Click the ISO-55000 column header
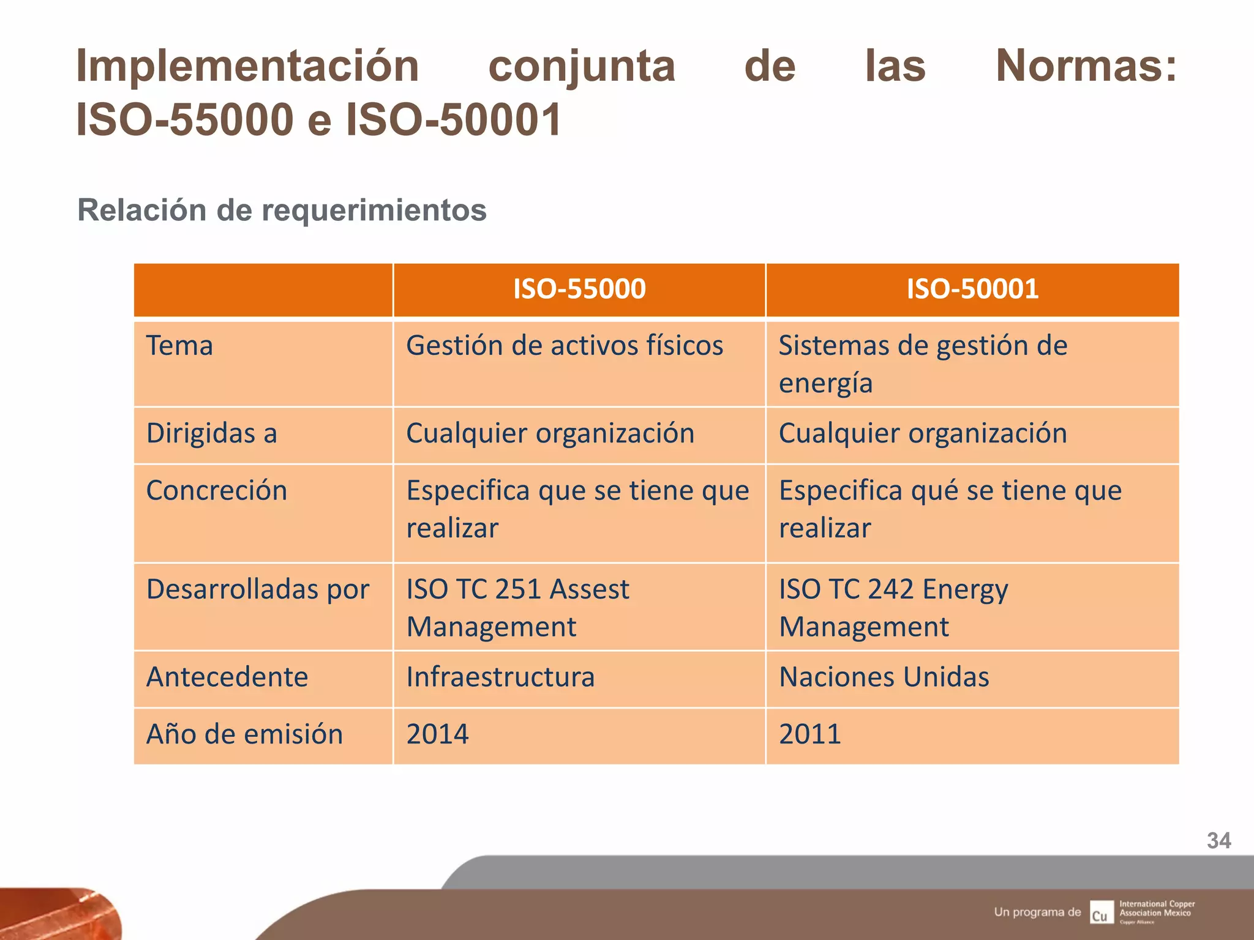pyautogui.click(x=579, y=289)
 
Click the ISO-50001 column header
pyautogui.click(x=972, y=289)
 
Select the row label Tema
pyautogui.click(x=179, y=346)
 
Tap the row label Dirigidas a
pyautogui.click(x=212, y=433)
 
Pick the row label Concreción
pyautogui.click(x=217, y=491)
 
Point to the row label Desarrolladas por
pyautogui.click(x=258, y=589)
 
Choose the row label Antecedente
pyautogui.click(x=227, y=677)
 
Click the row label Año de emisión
pyautogui.click(x=244, y=734)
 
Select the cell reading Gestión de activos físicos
pyautogui.click(x=565, y=346)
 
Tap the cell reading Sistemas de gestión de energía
pyautogui.click(x=923, y=364)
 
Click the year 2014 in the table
pyautogui.click(x=438, y=734)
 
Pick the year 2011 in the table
pyautogui.click(x=810, y=734)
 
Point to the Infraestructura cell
pyautogui.click(x=500, y=677)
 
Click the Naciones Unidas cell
pyautogui.click(x=884, y=677)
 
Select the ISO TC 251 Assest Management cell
pyautogui.click(x=517, y=608)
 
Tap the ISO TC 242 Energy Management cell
pyautogui.click(x=893, y=608)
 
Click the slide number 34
pyautogui.click(x=1218, y=841)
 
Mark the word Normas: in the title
pyautogui.click(x=1086, y=65)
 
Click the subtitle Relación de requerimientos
pyautogui.click(x=282, y=211)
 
